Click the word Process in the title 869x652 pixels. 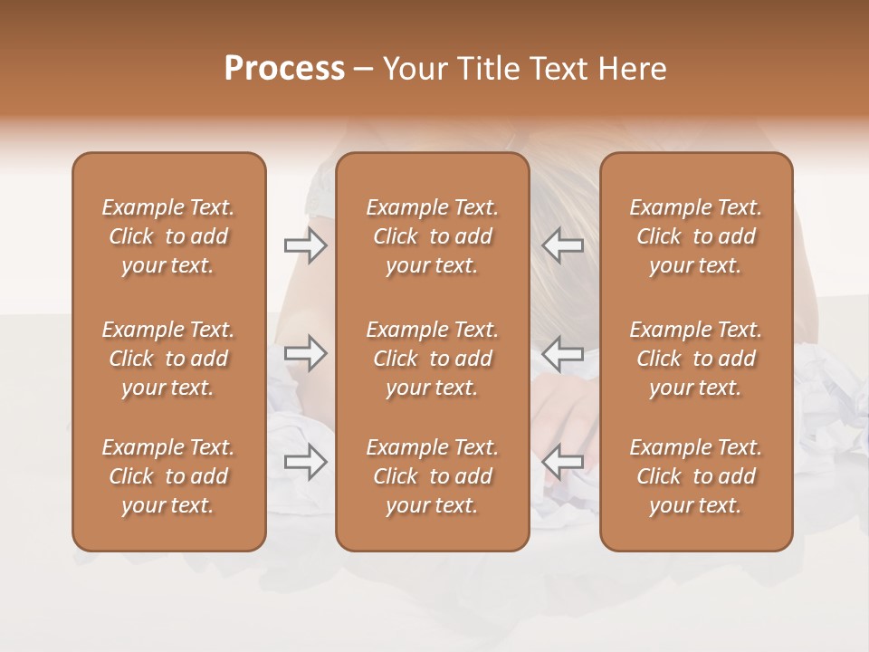click(x=284, y=68)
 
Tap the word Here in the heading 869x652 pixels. click(x=632, y=68)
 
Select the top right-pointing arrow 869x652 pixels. click(x=305, y=244)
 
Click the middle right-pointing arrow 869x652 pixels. click(x=305, y=352)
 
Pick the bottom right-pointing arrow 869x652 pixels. click(x=305, y=462)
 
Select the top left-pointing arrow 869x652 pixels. click(x=562, y=244)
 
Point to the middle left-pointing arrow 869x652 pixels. click(x=562, y=352)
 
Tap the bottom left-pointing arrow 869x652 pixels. click(x=562, y=462)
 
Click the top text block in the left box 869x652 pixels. click(x=168, y=236)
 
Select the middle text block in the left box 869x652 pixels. click(x=168, y=359)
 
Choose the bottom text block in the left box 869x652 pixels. click(x=168, y=476)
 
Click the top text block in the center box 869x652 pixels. click(x=433, y=236)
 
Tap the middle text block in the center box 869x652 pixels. click(x=433, y=359)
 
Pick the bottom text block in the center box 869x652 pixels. click(x=433, y=476)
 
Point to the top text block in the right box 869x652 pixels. click(x=696, y=236)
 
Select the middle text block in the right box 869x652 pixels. click(x=696, y=359)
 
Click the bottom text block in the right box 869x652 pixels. click(x=696, y=476)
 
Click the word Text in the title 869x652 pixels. click(x=556, y=68)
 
